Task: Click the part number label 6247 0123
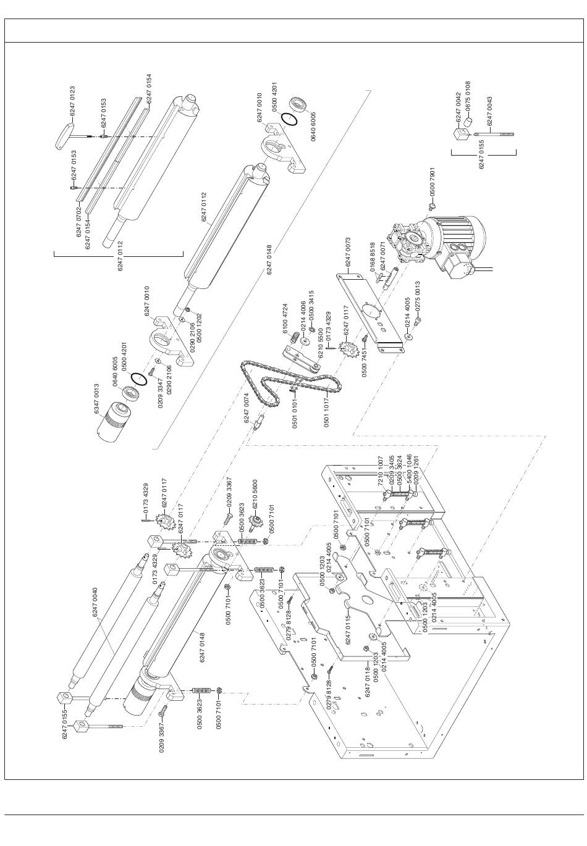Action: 72,101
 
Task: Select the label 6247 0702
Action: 79,222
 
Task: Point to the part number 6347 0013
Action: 97,399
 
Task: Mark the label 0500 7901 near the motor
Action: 433,182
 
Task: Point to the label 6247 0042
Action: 458,107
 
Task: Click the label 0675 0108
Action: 468,96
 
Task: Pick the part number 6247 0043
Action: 489,111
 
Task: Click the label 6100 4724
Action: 285,319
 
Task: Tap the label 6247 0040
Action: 95,603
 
